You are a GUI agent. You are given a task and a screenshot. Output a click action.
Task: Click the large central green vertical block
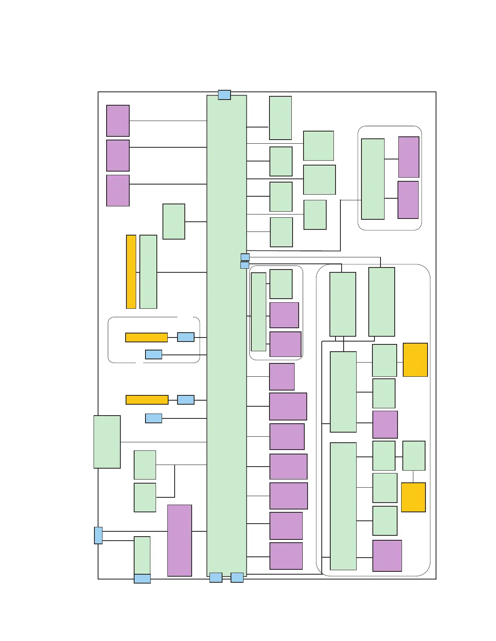pos(227,336)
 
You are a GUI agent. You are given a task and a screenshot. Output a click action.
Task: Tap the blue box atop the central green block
pos(224,95)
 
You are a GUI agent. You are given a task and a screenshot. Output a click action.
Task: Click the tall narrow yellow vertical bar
pos(131,272)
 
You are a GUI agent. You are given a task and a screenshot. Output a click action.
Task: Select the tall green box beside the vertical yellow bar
pos(148,272)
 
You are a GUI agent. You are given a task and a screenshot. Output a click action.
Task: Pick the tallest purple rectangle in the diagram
pos(180,540)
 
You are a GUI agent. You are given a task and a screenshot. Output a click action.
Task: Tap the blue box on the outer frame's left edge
pos(98,535)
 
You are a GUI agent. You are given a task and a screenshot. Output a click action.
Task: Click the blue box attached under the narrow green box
pos(142,579)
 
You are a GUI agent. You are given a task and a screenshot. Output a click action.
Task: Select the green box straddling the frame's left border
pos(107,441)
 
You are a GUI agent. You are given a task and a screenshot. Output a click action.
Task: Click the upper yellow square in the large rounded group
pos(415,360)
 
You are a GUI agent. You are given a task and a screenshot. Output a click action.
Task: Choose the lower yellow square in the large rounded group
pos(413,497)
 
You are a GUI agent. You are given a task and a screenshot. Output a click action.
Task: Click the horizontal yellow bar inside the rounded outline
pos(146,337)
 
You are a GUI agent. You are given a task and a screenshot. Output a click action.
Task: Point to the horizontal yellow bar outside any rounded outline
pos(147,400)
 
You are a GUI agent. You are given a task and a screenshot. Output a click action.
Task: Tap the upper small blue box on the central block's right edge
pos(245,257)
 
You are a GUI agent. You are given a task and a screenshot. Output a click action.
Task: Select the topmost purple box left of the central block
pos(118,121)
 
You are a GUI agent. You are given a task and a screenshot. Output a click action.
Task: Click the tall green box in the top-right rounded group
pos(373,179)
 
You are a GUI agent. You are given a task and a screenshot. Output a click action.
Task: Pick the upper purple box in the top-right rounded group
pos(408,157)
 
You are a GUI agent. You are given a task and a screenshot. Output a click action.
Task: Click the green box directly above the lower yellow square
pos(414,456)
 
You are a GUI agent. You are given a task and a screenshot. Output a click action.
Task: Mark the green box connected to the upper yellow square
pos(384,360)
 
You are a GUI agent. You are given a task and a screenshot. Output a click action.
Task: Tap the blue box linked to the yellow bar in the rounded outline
pos(186,337)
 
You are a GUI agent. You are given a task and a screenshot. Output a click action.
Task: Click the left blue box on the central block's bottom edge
pos(216,577)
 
